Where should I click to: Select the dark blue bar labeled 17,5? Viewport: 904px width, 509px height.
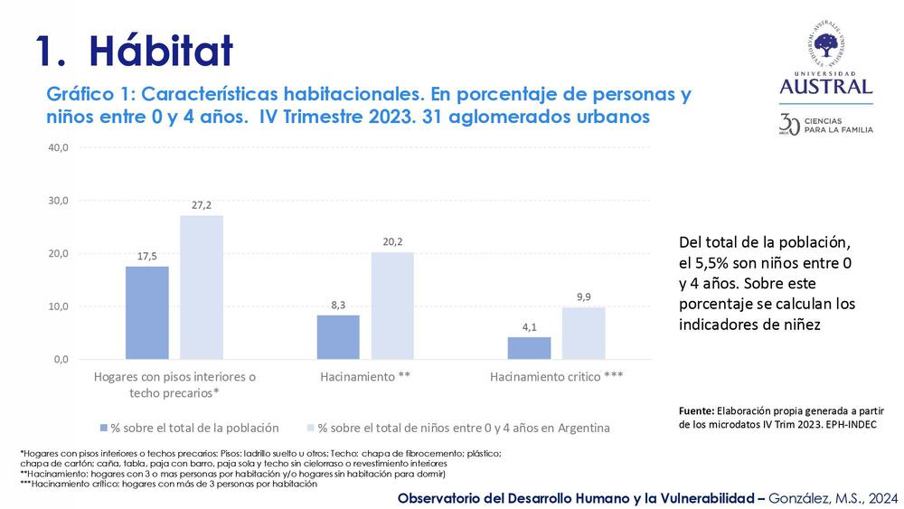[x=146, y=312]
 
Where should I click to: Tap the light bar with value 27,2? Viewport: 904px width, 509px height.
[x=201, y=287]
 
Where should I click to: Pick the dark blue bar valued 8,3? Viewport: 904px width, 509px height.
[x=338, y=336]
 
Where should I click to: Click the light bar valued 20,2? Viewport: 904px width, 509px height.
[x=392, y=305]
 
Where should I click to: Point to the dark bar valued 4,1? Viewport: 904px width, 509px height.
[x=529, y=347]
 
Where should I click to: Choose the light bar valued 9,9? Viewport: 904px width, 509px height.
[x=583, y=333]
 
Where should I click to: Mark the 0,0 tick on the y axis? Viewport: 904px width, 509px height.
[x=59, y=360]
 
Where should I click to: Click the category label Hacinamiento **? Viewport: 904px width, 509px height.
[x=365, y=377]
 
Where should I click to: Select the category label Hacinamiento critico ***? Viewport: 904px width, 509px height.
[x=556, y=377]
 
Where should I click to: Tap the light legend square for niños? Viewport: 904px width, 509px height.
[x=310, y=428]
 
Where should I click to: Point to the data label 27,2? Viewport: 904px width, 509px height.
[x=201, y=205]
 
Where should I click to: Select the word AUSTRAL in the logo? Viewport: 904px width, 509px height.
[x=826, y=87]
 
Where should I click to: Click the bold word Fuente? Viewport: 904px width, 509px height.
[x=697, y=410]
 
